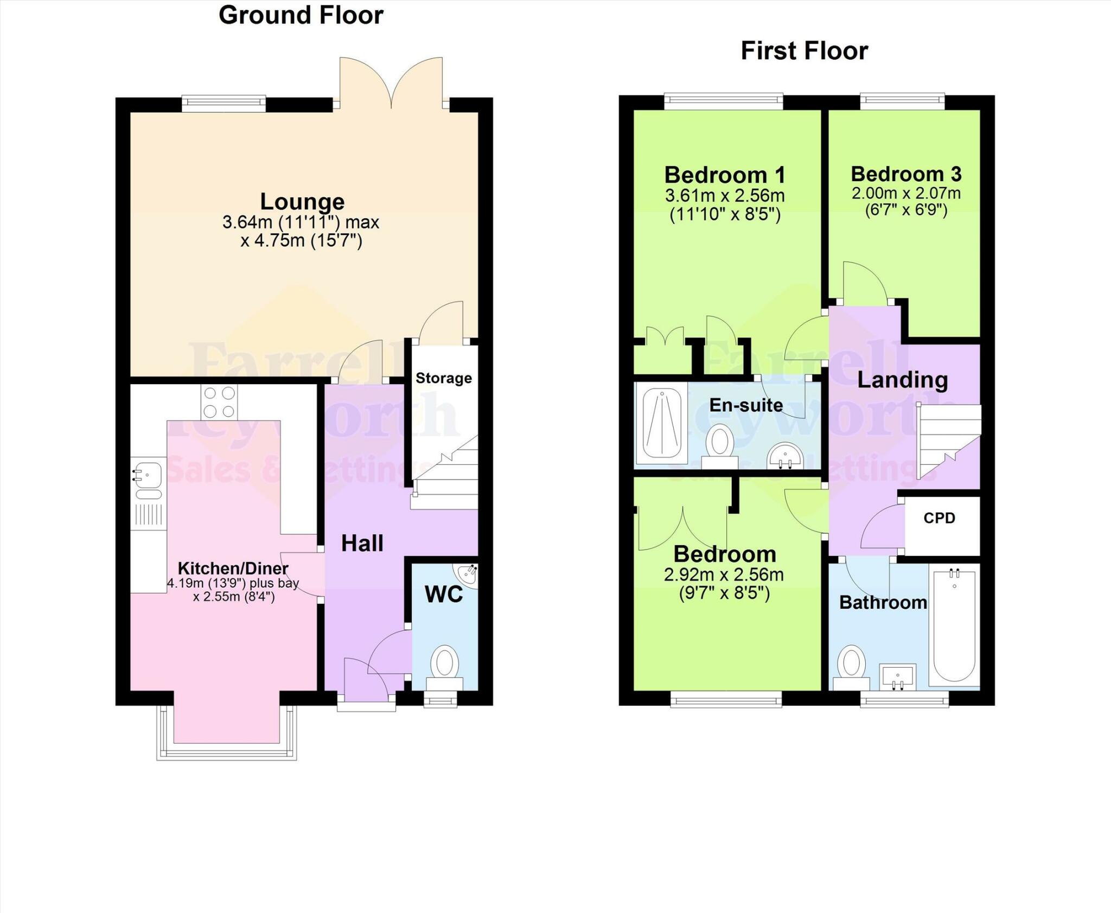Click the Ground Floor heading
[301, 15]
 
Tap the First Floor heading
[804, 51]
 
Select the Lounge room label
[302, 202]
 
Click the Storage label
[443, 378]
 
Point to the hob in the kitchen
[220, 402]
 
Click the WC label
[444, 595]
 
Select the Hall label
[362, 544]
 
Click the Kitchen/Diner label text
[233, 569]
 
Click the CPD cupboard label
[939, 518]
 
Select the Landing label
[902, 380]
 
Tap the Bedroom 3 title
[906, 174]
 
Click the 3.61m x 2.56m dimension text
[725, 195]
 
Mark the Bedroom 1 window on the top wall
[723, 100]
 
